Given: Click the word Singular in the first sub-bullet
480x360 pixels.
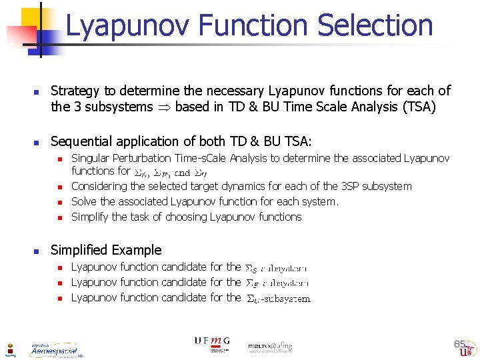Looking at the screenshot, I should pos(90,159).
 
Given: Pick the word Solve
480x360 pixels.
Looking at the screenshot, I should pos(84,201).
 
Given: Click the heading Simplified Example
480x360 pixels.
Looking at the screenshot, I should pos(106,250).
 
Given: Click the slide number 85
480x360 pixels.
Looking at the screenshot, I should pos(459,344).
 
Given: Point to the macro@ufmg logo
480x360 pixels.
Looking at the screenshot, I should pos(270,345).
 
